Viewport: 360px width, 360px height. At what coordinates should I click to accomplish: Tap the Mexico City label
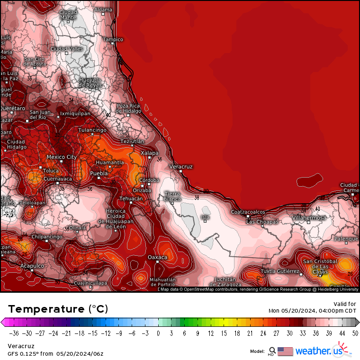(x=62, y=157)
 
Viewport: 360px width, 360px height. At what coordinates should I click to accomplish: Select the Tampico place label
(x=113, y=39)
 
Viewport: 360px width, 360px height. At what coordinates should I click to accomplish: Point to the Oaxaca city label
(x=158, y=257)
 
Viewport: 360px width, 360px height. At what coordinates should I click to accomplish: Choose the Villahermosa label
(x=309, y=217)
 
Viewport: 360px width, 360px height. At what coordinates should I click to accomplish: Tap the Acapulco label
(x=32, y=266)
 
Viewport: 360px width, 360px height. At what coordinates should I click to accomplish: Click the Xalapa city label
(x=150, y=153)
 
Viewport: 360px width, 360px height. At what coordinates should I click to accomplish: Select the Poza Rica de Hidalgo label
(x=129, y=108)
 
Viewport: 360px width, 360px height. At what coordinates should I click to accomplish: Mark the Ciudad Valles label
(x=67, y=49)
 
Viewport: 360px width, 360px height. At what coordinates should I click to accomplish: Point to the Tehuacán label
(x=130, y=198)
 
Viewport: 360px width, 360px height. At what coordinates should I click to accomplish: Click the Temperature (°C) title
(x=58, y=309)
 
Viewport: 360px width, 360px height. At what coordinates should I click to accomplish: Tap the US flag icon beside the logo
(x=285, y=351)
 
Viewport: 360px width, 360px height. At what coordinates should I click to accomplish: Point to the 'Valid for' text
(x=345, y=304)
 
